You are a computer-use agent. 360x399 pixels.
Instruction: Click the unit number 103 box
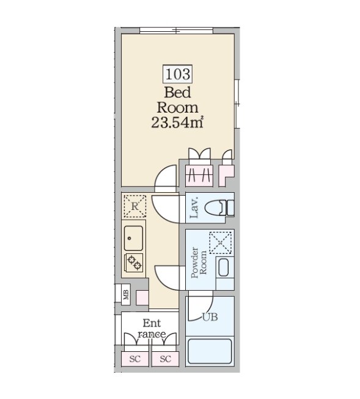pos(177,74)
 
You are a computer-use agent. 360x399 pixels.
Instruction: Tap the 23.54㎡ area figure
pos(177,122)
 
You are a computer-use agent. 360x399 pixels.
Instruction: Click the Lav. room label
pos(194,207)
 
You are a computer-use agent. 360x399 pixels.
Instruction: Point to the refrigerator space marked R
pos(134,206)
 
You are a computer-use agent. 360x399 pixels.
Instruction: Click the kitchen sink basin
pos(133,238)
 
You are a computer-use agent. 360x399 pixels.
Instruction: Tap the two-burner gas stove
pos(134,263)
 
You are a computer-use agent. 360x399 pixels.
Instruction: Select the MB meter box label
pos(126,295)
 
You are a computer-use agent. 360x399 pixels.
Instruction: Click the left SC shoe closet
pos(134,359)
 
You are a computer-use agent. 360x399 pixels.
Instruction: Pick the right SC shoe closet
pos(166,359)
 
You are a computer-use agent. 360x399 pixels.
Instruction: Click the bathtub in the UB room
pos(210,351)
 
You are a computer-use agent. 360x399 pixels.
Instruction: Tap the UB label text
pos(210,317)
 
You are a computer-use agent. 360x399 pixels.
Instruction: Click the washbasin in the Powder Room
pos(224,267)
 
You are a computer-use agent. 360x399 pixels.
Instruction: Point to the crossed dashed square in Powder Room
pos(221,243)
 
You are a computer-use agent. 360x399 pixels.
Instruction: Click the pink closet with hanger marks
pos(199,175)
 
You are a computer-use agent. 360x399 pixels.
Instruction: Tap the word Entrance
pos(152,329)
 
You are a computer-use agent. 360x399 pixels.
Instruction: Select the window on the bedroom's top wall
pos(177,31)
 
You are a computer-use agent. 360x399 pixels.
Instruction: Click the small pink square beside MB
pos(142,297)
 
